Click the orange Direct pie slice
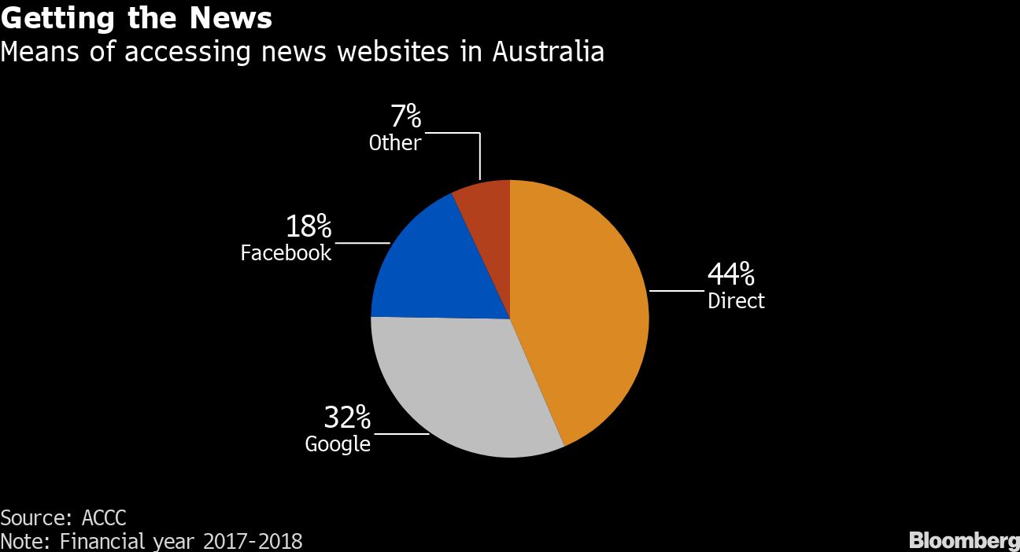(x=582, y=307)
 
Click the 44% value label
(x=731, y=274)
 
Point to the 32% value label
(x=347, y=417)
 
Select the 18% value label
(x=308, y=227)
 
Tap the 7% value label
(x=406, y=118)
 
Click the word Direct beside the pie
(x=736, y=300)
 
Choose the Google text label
(x=338, y=444)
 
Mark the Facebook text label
(x=286, y=253)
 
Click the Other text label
(x=395, y=143)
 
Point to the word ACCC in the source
(x=103, y=518)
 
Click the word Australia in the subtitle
(x=549, y=52)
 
